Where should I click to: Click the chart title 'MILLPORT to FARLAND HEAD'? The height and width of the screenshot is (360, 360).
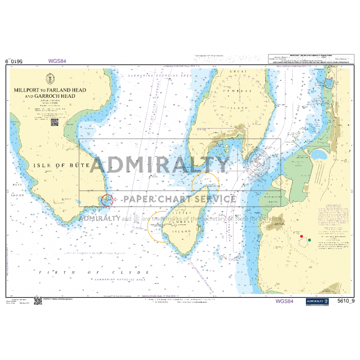point(50,90)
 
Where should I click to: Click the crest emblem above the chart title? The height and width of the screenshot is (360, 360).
point(50,79)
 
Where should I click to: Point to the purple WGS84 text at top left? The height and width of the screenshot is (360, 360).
point(57,61)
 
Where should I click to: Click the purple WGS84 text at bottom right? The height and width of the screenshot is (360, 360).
point(284,301)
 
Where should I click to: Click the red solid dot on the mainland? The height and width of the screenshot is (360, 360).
point(301,236)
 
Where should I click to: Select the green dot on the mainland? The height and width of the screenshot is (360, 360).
point(309,239)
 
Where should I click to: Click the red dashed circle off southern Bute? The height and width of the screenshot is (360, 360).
point(107,200)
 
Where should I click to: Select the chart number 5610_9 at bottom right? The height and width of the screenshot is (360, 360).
point(346,301)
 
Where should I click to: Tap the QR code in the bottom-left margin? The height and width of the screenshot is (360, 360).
point(38,300)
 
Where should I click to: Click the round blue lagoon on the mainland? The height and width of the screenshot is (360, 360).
point(318,154)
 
